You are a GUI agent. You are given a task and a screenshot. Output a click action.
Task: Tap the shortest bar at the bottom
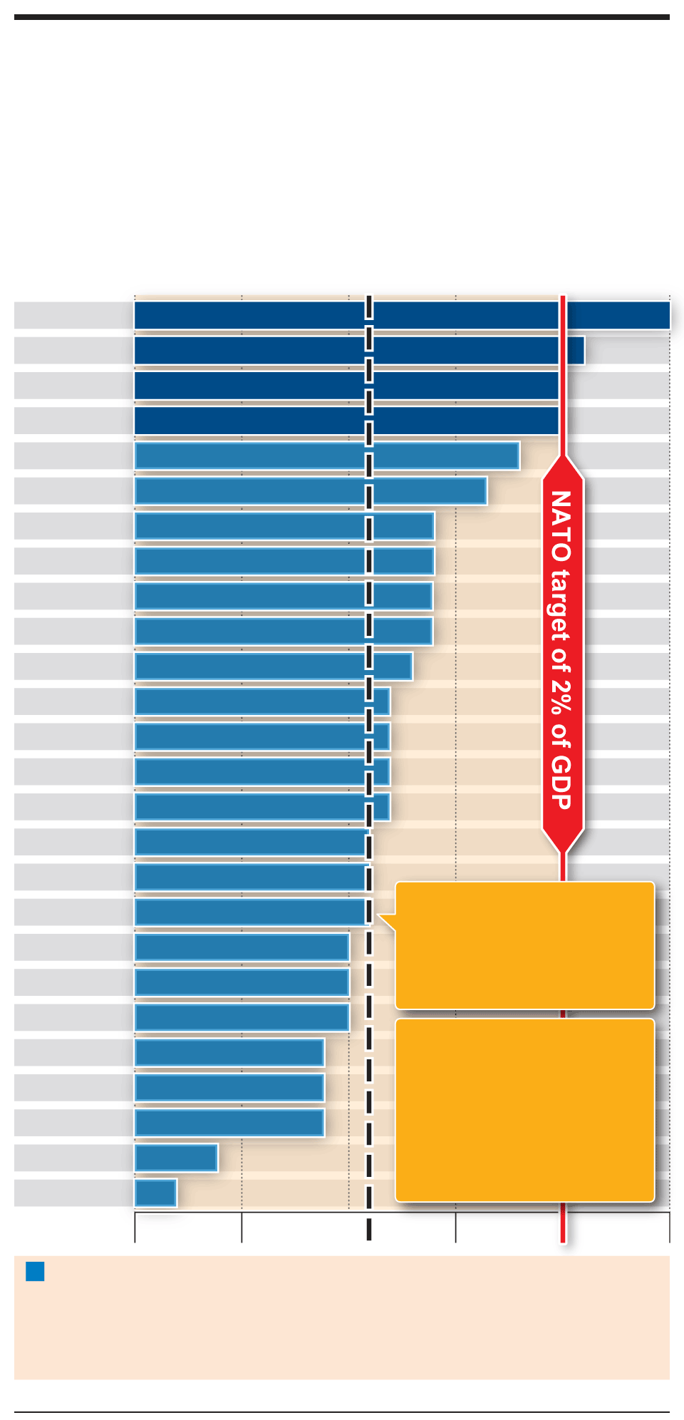point(155,1193)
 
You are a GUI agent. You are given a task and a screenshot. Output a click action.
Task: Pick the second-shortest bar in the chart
point(176,1158)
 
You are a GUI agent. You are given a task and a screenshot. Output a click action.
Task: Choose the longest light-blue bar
point(327,456)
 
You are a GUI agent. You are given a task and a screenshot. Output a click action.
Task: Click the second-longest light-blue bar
point(311,490)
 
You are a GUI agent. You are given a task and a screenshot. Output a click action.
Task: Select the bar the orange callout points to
point(251,912)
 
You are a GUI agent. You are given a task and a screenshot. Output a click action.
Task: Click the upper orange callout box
point(524,945)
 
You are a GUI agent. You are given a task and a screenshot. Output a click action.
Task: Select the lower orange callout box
point(524,1110)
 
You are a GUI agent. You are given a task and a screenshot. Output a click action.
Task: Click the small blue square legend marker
point(35,1271)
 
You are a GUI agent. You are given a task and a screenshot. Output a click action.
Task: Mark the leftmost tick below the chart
point(135,1227)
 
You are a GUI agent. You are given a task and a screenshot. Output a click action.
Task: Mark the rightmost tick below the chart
point(669,1227)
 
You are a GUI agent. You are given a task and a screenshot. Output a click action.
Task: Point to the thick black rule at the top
point(342,16)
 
